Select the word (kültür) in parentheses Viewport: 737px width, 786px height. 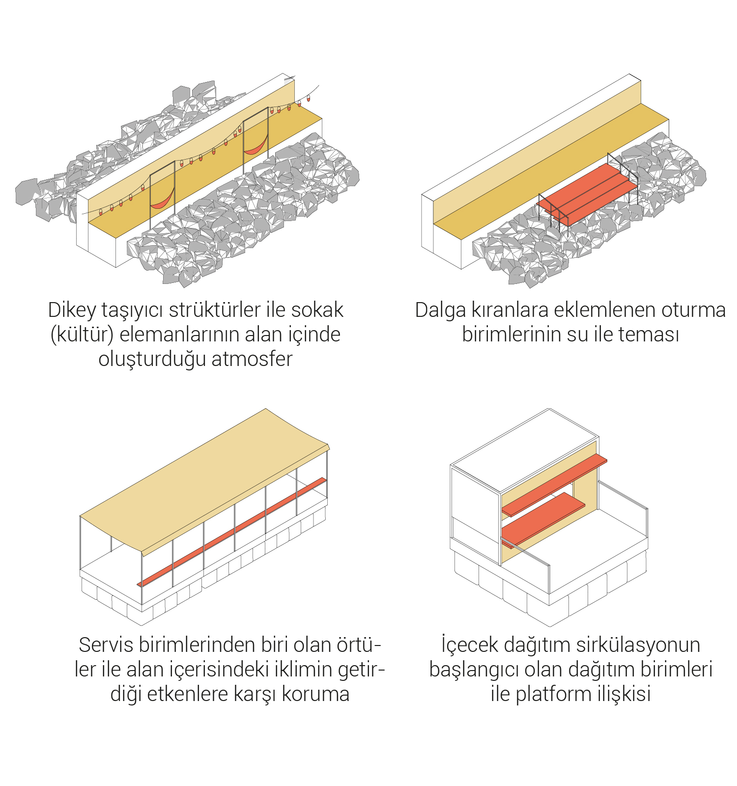82,335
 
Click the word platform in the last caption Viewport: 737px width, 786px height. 553,694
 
